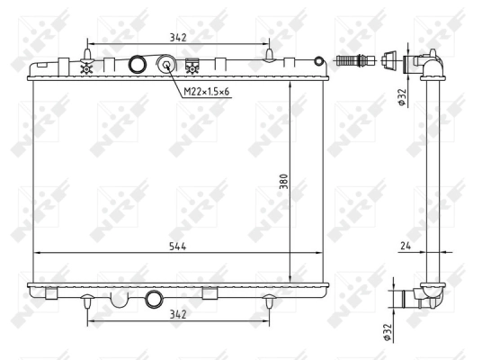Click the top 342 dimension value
(177, 36)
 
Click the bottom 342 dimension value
(177, 313)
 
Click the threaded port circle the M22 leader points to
(166, 65)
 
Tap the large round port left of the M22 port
(138, 65)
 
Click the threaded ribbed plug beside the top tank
(354, 62)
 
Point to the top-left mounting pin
(86, 57)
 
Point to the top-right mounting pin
(269, 57)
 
